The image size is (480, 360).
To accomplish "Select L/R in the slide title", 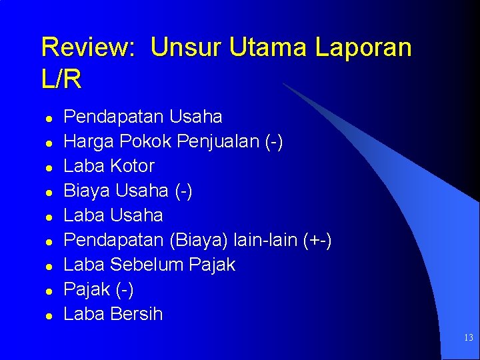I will (61, 80).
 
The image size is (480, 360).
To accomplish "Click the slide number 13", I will (468, 338).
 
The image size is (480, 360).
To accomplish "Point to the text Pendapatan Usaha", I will (143, 117).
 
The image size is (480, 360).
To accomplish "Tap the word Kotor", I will (132, 166).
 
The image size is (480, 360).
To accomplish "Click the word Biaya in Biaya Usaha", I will (87, 191).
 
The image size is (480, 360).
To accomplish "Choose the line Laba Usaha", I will (113, 215).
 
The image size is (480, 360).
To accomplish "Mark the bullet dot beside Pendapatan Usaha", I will (49, 118).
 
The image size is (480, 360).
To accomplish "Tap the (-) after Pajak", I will (124, 289).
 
